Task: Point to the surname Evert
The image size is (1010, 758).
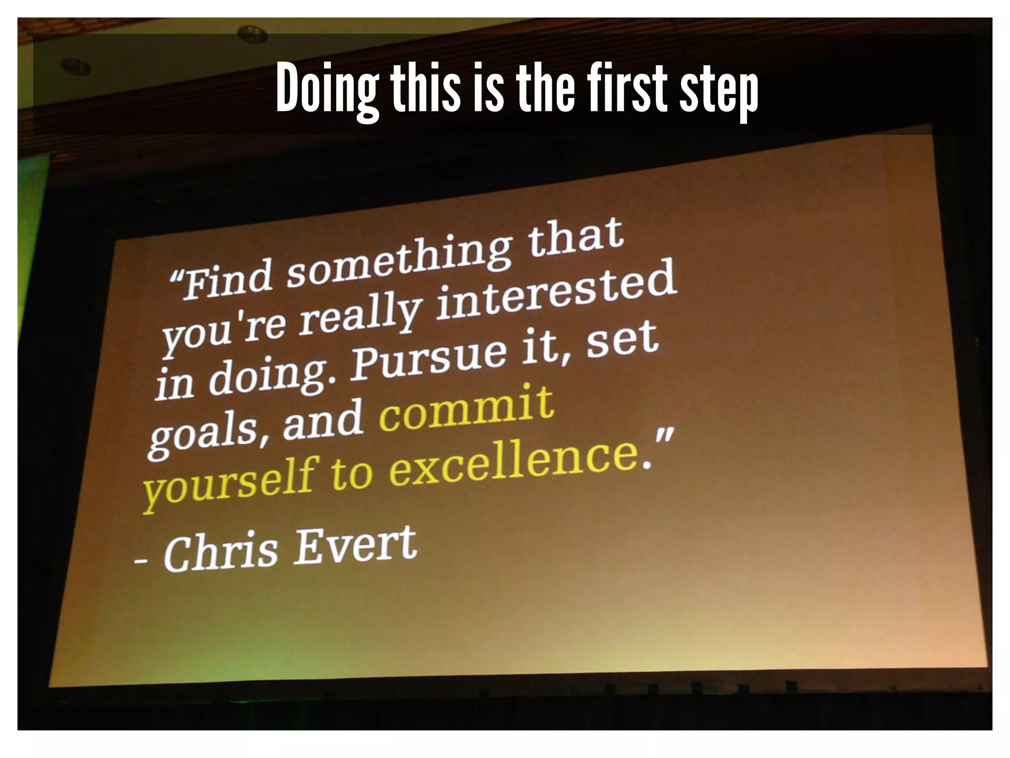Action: (355, 544)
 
